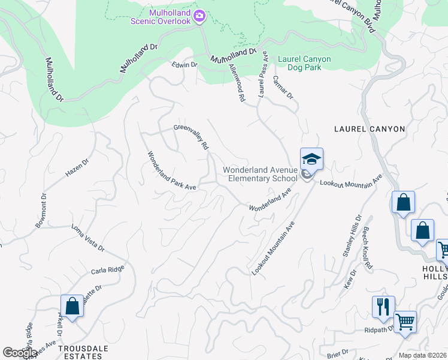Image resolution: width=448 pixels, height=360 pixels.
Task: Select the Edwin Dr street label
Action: (184, 65)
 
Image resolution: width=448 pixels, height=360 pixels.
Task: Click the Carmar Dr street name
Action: (282, 88)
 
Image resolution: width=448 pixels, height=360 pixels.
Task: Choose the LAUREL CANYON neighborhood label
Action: (370, 129)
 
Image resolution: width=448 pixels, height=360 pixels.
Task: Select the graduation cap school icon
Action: (311, 159)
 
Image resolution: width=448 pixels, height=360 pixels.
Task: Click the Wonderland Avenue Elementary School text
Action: (260, 174)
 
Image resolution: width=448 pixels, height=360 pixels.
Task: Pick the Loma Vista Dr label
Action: (88, 238)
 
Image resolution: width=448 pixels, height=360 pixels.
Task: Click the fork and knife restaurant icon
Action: (382, 307)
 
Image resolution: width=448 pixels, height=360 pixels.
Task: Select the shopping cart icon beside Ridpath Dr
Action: (405, 322)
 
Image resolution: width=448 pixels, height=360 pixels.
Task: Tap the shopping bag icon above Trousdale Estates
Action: (72, 306)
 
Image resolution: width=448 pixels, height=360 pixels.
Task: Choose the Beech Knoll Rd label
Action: (367, 250)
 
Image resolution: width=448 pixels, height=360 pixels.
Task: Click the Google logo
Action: (20, 353)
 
